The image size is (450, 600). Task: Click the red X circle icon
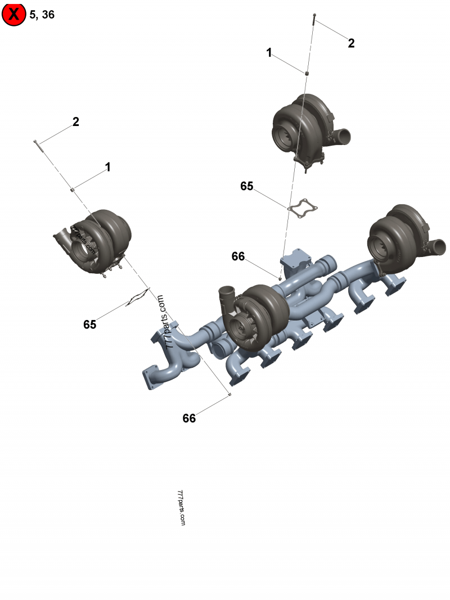[x=13, y=14]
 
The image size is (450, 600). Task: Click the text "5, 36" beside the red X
[x=42, y=15]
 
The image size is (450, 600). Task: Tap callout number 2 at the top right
[x=351, y=43]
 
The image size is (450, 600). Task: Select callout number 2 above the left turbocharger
[x=76, y=121]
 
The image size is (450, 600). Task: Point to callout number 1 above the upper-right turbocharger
[x=269, y=52]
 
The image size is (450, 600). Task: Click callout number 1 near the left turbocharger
[x=108, y=167]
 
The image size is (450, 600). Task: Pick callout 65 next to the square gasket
[x=247, y=186]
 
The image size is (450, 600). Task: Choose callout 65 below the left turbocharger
[x=90, y=324]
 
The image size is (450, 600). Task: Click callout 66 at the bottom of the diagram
[x=189, y=418]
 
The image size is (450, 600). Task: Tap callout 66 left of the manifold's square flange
[x=238, y=256]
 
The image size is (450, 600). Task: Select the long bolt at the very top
[x=314, y=19]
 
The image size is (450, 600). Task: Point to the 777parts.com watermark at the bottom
[x=181, y=508]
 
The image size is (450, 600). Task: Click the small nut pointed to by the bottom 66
[x=229, y=394]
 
